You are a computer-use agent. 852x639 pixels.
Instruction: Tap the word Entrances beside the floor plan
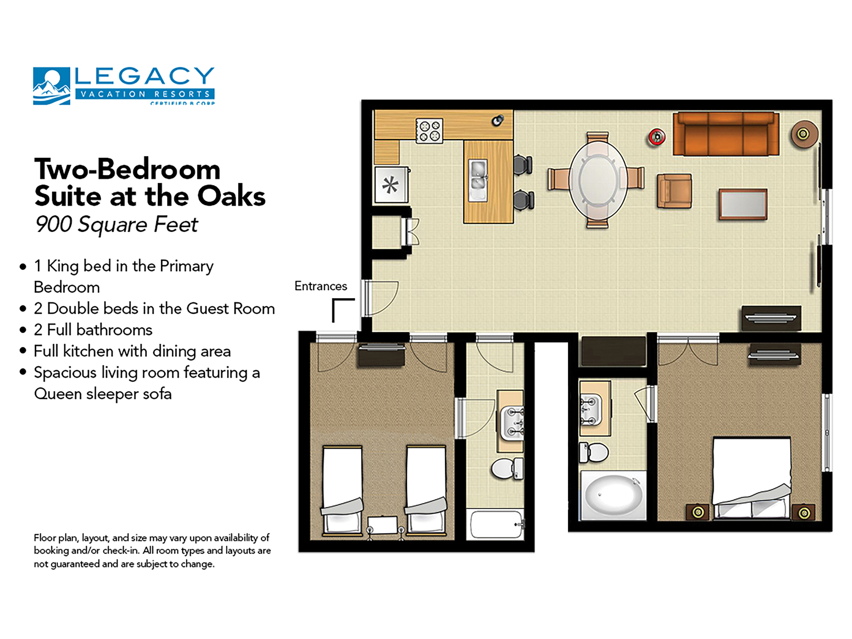click(320, 286)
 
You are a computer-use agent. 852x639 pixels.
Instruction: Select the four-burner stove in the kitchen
click(429, 131)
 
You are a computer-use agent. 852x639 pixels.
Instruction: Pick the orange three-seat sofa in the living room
click(726, 134)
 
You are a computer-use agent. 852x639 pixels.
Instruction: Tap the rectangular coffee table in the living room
click(743, 204)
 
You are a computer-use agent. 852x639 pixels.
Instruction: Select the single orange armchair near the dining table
click(674, 191)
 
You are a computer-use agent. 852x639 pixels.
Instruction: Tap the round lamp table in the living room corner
click(804, 134)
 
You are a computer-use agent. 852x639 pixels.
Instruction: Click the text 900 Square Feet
click(116, 225)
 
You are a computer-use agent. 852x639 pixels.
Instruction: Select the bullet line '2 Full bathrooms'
click(93, 330)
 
